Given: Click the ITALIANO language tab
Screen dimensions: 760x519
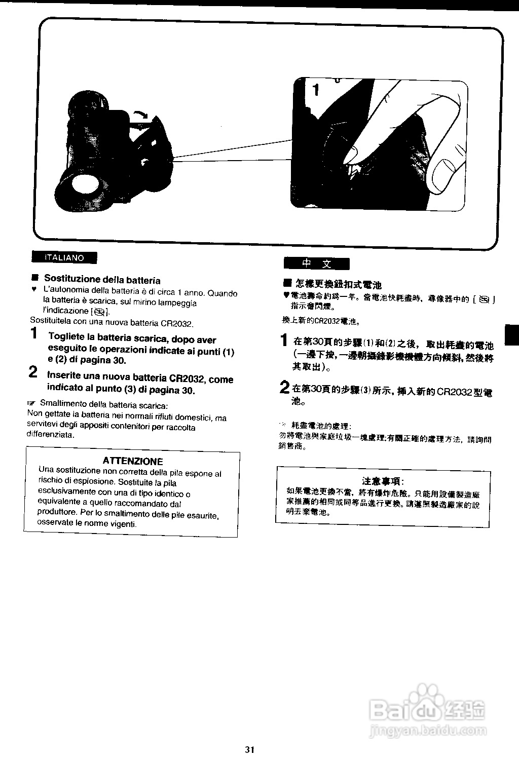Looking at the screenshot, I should coord(64,257).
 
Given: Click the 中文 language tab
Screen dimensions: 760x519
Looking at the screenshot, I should coord(316,263).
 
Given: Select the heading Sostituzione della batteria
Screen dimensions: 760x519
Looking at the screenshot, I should coord(102,279).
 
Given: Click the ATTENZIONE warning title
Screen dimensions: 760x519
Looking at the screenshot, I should coord(133,461).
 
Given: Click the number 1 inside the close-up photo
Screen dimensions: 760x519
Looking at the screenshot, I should coord(316,90).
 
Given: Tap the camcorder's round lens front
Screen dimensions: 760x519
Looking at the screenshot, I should coord(84,184).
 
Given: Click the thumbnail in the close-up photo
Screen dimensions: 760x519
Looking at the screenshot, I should coord(445,175).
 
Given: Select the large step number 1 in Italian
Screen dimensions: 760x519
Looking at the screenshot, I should coord(34,333).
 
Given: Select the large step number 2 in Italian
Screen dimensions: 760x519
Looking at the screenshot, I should coord(33,372).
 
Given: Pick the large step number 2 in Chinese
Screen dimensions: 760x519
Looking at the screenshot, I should coord(285,388).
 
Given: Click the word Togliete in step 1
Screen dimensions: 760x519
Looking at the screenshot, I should coord(66,337).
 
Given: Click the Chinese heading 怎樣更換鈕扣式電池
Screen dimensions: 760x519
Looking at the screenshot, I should coord(338,285).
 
